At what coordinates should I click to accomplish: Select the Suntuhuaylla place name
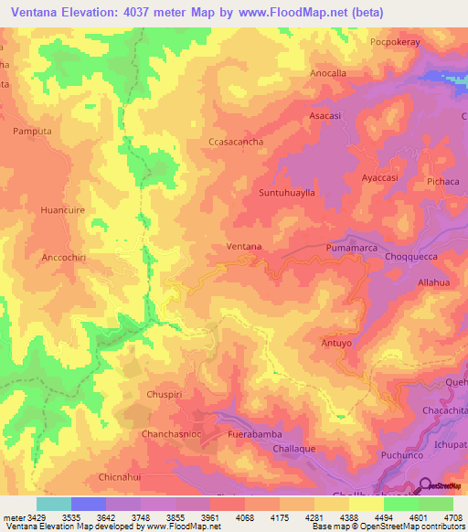click(x=287, y=194)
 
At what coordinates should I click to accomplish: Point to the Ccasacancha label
click(x=236, y=143)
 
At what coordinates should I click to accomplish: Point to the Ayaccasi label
click(x=380, y=177)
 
